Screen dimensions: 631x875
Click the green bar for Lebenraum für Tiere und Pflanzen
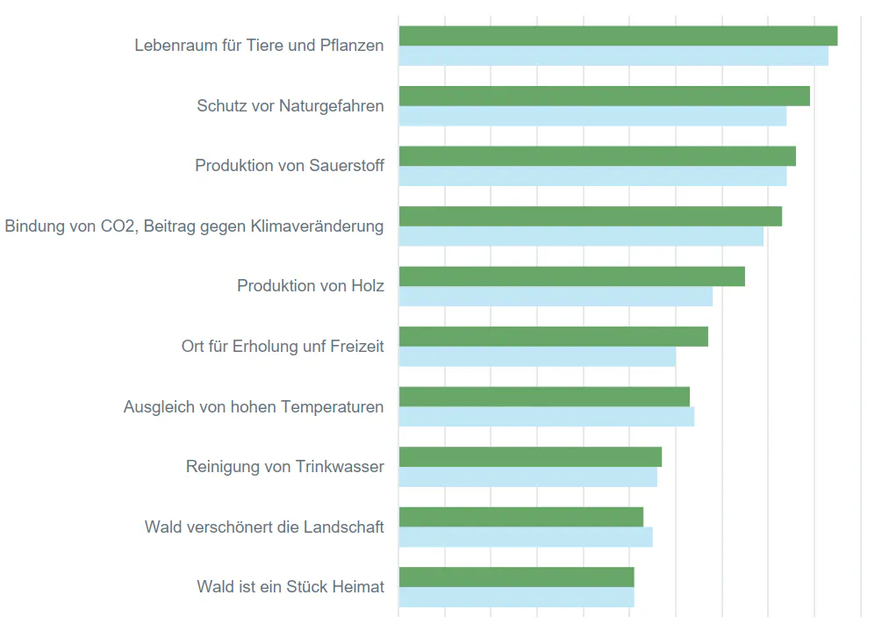click(x=618, y=36)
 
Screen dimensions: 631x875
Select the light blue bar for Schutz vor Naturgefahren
click(x=592, y=117)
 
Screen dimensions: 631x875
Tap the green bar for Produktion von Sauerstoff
click(x=597, y=156)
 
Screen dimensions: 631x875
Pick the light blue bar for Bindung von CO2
click(x=581, y=237)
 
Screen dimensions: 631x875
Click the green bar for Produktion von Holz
click(x=571, y=276)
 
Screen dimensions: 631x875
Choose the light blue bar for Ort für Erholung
click(x=537, y=357)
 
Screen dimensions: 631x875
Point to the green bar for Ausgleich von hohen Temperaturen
click(x=544, y=397)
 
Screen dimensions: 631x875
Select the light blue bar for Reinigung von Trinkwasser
click(x=527, y=477)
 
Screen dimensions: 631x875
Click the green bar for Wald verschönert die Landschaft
click(x=520, y=517)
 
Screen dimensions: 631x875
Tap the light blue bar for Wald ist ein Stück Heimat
click(x=516, y=598)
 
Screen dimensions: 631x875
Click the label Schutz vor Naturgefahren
click(x=290, y=106)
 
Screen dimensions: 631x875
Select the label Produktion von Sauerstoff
click(x=290, y=166)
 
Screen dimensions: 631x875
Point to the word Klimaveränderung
click(x=317, y=226)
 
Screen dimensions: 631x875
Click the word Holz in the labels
click(x=368, y=286)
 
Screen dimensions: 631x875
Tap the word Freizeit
click(x=357, y=347)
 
